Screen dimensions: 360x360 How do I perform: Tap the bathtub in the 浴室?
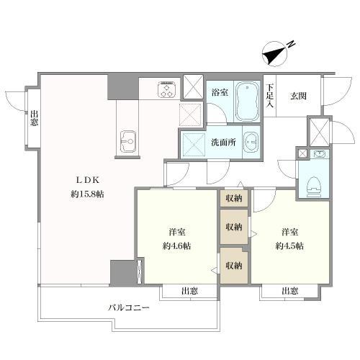click(x=247, y=102)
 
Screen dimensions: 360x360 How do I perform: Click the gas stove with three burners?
click(x=167, y=89)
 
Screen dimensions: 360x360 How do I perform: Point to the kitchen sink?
click(x=127, y=141)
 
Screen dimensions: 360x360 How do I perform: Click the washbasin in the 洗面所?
click(x=251, y=143)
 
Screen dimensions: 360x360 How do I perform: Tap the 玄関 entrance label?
click(x=298, y=96)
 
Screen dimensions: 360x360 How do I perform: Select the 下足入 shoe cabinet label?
click(x=271, y=96)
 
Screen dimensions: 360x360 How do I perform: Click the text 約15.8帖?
click(x=87, y=194)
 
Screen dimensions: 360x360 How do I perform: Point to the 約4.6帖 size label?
click(x=177, y=246)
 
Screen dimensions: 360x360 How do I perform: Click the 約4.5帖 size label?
click(x=289, y=246)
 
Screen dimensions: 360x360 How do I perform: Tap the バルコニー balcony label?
click(x=129, y=307)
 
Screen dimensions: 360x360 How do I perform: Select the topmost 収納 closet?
click(x=234, y=198)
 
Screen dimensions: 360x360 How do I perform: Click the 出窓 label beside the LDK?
click(x=34, y=118)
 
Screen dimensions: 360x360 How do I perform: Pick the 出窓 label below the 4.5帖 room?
click(x=289, y=291)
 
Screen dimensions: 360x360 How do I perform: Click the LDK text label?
click(x=87, y=180)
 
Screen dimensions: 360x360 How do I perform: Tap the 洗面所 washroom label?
click(x=223, y=143)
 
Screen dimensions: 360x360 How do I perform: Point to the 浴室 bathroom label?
click(x=220, y=92)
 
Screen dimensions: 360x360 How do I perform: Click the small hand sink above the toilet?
click(x=319, y=153)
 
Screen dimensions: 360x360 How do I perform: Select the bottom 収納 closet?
click(x=234, y=266)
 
